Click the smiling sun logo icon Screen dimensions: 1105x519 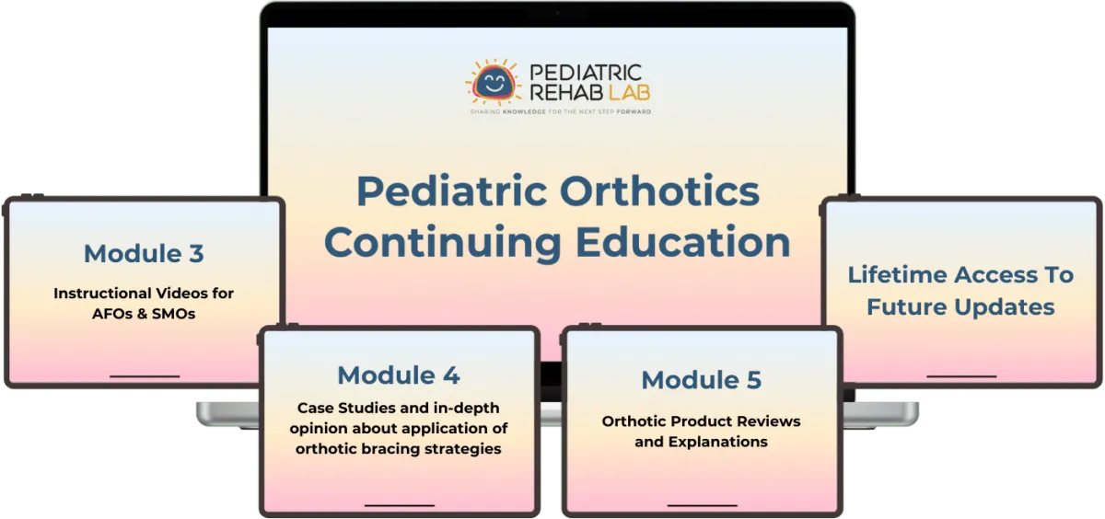point(493,83)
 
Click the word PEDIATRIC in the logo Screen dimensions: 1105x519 point(586,73)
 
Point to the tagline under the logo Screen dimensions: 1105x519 point(561,112)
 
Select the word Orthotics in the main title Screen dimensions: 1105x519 point(659,191)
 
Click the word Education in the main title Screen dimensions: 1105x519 point(682,241)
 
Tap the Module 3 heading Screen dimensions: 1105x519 point(144,253)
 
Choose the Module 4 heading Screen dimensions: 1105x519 point(399,375)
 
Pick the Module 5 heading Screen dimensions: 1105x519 point(701,379)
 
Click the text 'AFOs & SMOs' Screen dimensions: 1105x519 point(144,314)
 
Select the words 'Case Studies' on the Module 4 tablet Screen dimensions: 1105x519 point(343,408)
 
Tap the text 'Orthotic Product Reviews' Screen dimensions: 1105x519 point(701,421)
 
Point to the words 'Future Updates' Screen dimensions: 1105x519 point(960,307)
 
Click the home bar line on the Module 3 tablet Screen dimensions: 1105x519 point(145,376)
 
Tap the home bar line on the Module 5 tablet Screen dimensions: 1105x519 point(702,506)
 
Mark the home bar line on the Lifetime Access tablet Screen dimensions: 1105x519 point(961,376)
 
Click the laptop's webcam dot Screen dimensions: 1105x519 point(557,13)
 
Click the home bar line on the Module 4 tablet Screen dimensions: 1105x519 point(400,506)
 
